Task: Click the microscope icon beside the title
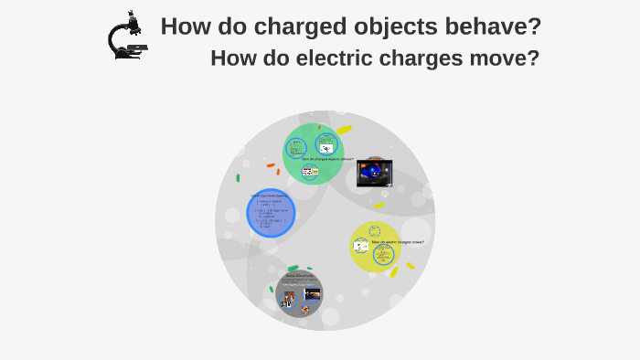pos(125,37)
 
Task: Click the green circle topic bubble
pos(313,152)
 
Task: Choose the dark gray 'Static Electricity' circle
pos(300,293)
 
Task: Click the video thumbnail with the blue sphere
pos(375,171)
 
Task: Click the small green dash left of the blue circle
pos(239,177)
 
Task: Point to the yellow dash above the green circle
pos(344,130)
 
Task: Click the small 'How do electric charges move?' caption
pos(404,242)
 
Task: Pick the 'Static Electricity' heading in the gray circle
pos(300,276)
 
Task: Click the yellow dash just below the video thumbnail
pos(379,206)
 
